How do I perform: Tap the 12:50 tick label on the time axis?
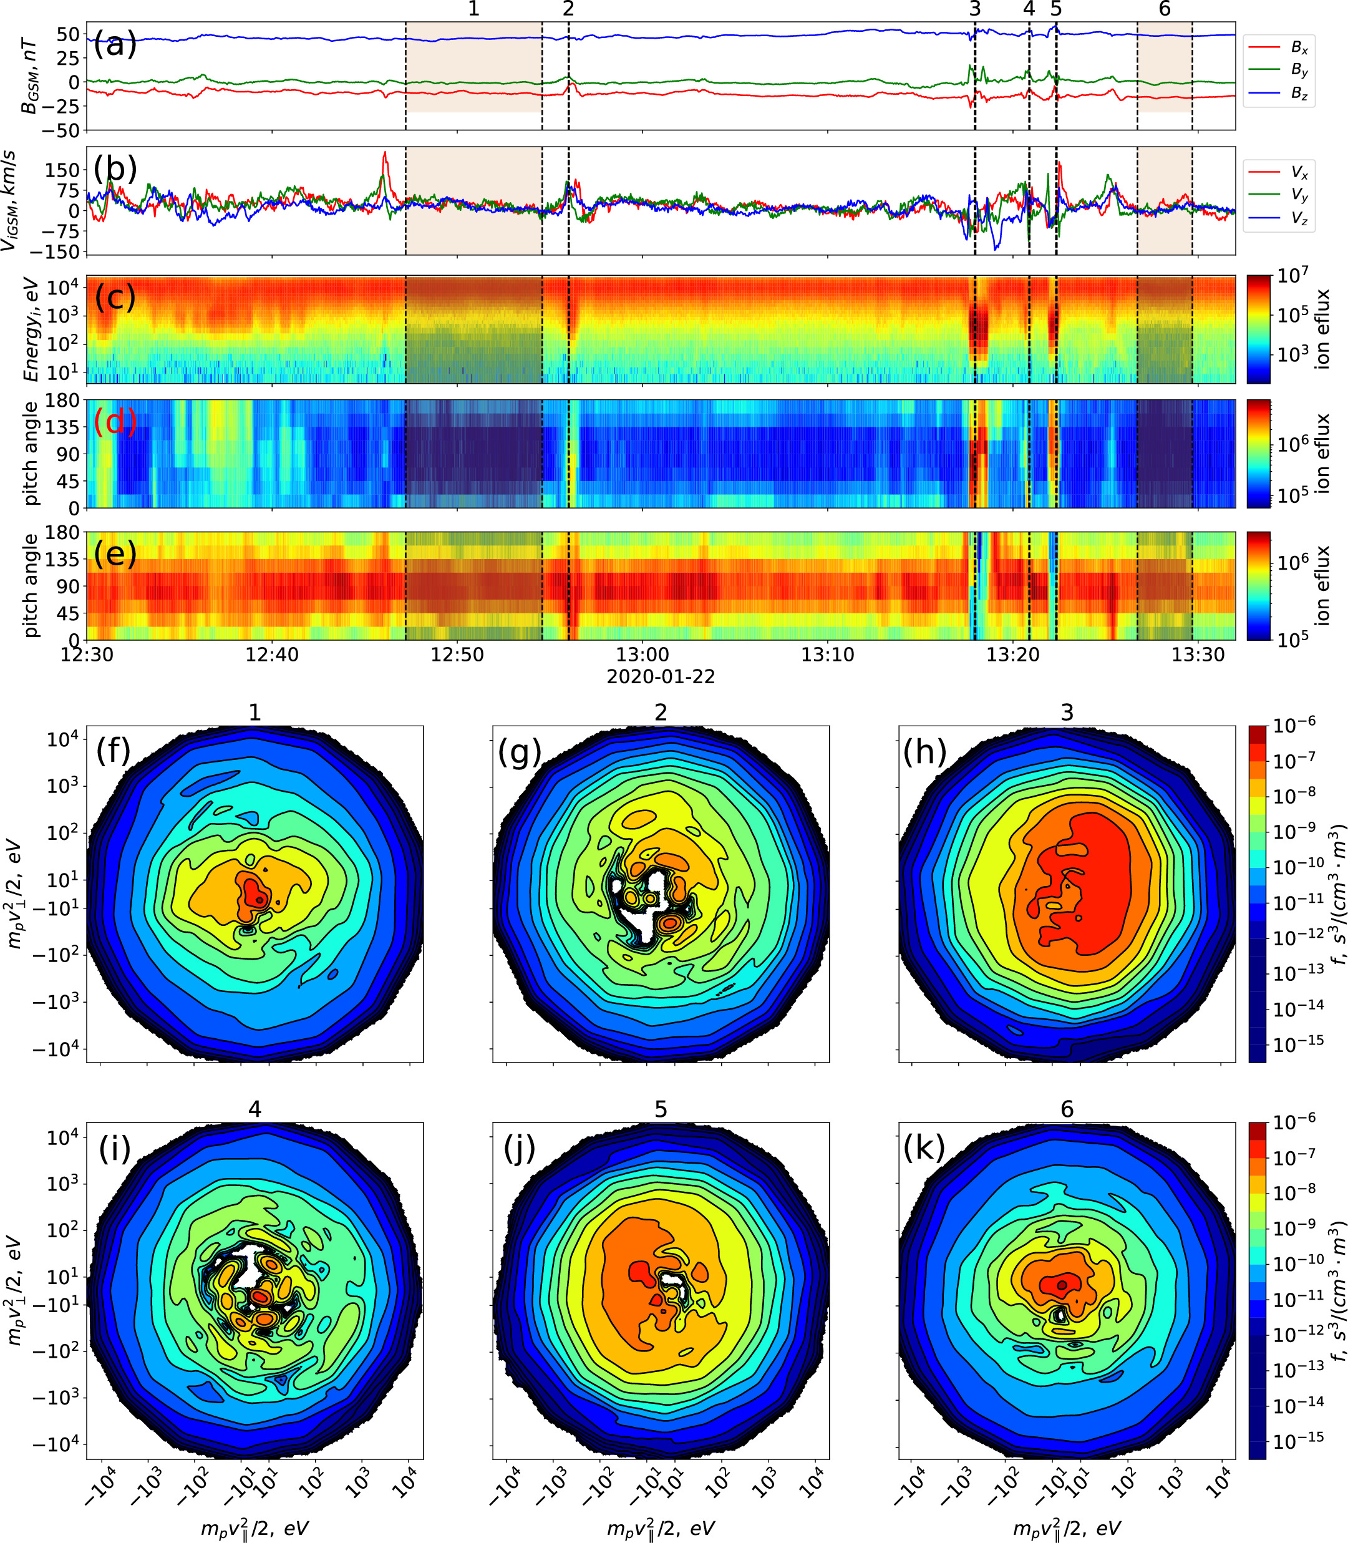coord(457,655)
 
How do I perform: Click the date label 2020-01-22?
coord(661,676)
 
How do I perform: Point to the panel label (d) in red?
coord(114,421)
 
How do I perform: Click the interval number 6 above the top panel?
coord(1165,9)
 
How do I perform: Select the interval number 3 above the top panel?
coord(975,9)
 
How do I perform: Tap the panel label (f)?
coord(113,751)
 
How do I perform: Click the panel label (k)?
coord(924,1147)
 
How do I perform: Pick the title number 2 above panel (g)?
coord(661,712)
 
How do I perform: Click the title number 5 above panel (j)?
coord(661,1109)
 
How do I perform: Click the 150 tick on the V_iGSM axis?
coord(62,170)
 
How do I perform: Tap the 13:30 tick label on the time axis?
coord(1198,655)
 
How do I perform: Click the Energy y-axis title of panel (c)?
coord(30,329)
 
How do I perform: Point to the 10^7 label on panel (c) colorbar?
coord(1292,275)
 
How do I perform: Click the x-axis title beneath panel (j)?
coord(661,1527)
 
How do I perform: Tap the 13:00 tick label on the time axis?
coord(642,655)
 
